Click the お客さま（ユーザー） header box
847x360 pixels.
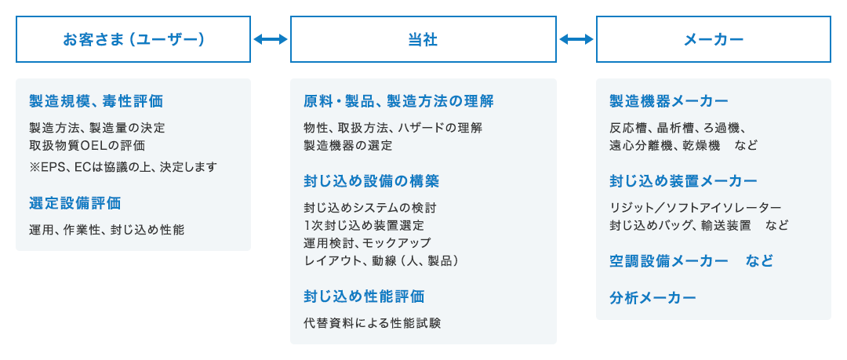133,39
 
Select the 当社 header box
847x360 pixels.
423,39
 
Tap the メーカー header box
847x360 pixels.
713,39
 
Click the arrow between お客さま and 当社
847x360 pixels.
271,39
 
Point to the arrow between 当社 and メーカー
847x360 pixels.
576,39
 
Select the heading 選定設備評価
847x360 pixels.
75,203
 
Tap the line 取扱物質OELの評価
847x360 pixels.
87,145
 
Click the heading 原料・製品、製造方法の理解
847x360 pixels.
399,101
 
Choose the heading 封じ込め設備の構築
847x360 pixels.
371,181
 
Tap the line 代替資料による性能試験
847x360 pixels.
372,322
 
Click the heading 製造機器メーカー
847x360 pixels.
669,101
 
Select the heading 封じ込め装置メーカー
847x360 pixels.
683,181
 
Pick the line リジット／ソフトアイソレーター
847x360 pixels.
695,207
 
